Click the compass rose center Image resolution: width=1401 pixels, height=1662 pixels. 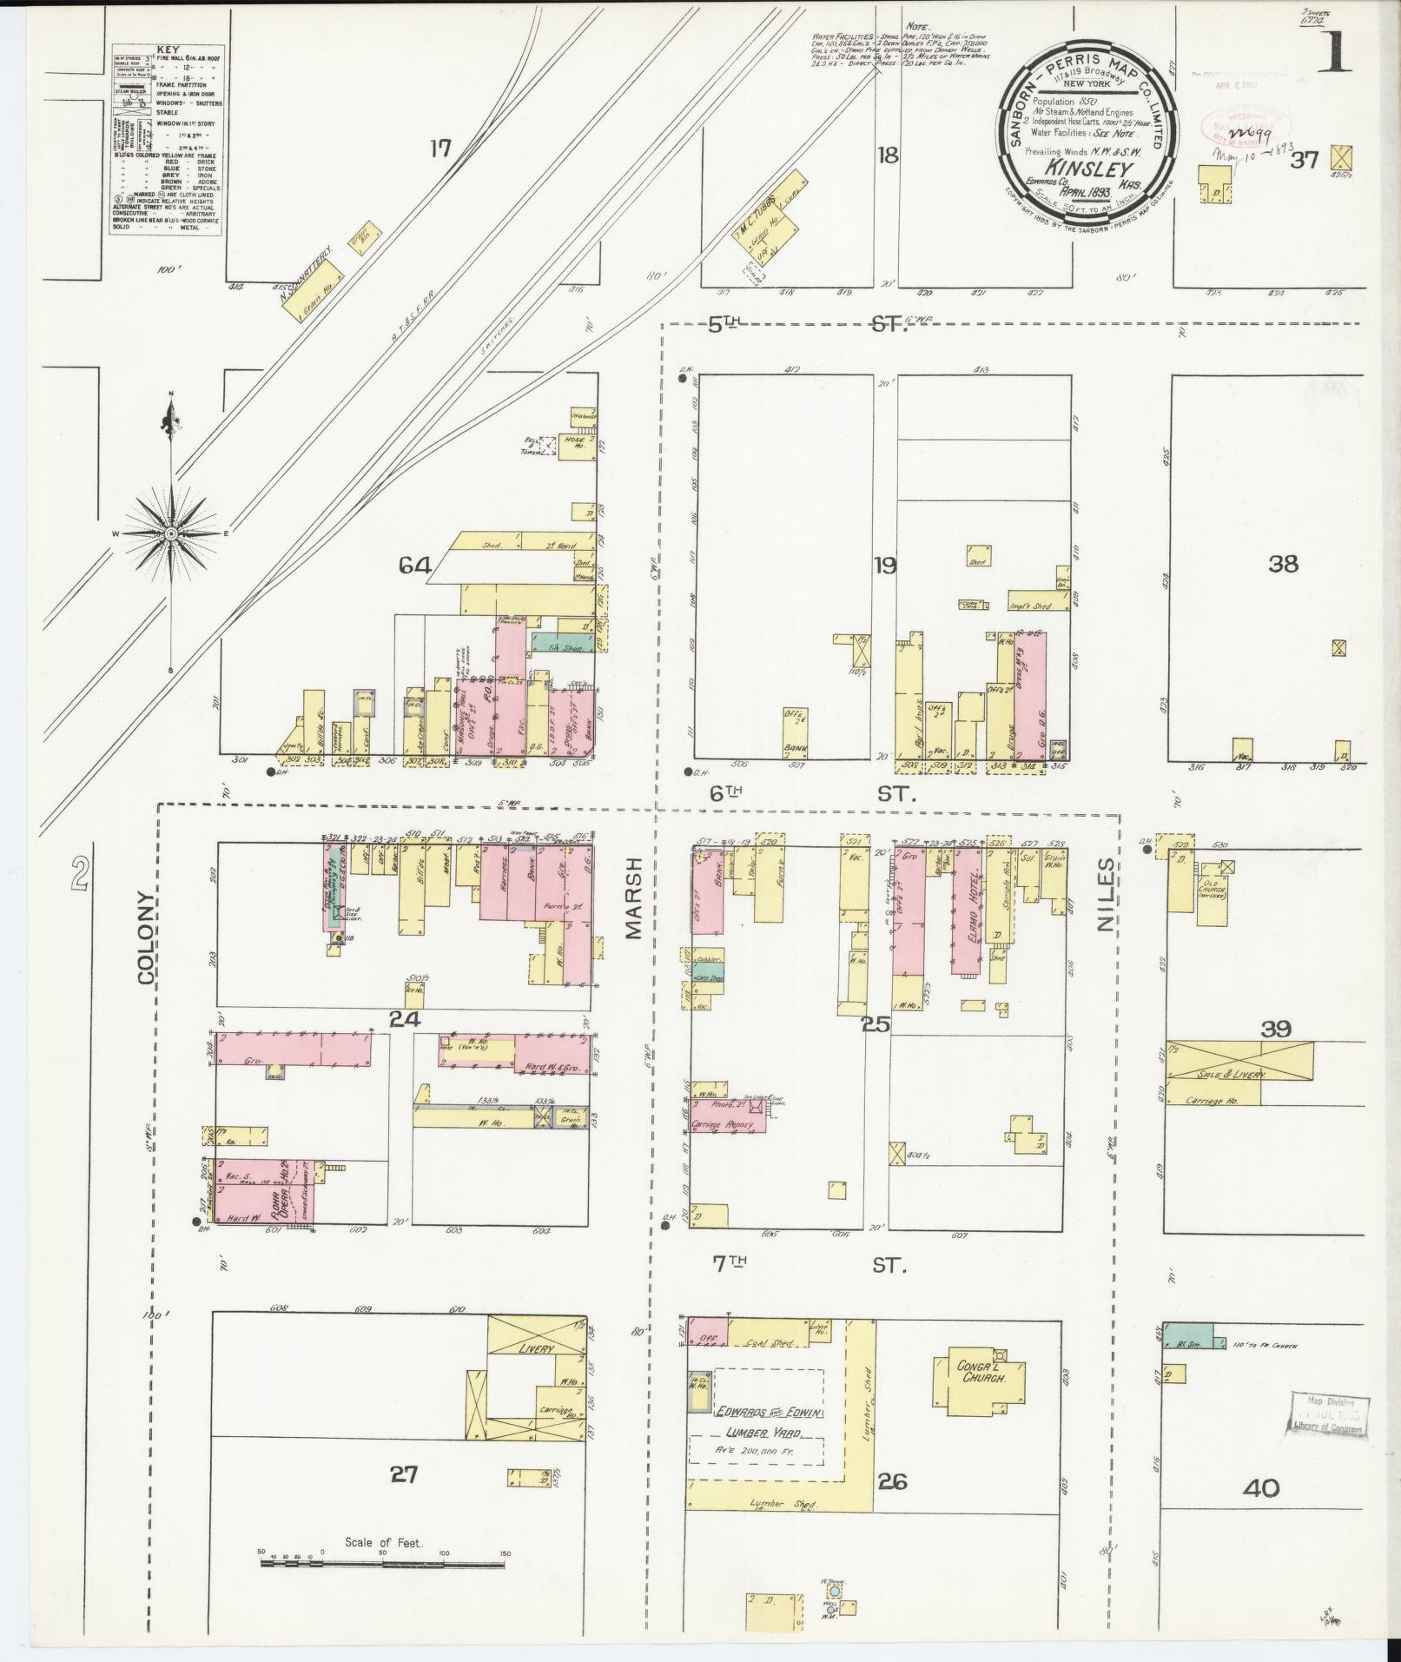pos(171,533)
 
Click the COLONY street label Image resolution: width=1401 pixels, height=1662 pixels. pos(145,937)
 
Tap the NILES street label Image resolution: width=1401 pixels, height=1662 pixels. pos(1106,895)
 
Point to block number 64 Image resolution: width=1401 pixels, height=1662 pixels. pos(415,566)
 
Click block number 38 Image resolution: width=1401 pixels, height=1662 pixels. pos(1283,564)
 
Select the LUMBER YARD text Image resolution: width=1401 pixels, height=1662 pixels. pos(756,1432)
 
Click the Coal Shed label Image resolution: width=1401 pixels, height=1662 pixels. pos(770,1342)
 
